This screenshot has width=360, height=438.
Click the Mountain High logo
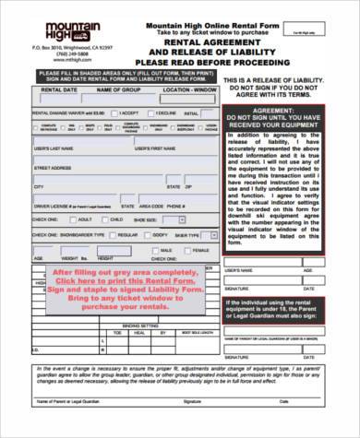point(62,28)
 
